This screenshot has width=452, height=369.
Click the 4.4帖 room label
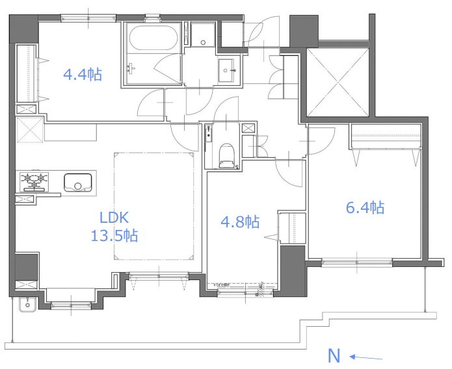point(83,75)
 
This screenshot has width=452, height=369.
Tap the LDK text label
point(114,218)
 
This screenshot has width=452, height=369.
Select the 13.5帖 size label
point(114,236)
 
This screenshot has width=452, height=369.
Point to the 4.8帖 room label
point(240,222)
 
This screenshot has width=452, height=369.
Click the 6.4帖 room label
point(366,207)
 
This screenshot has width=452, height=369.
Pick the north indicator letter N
point(334,356)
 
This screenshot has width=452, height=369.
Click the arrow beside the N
point(366,358)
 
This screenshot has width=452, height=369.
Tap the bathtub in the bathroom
point(153,38)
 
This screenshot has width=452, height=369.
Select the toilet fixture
point(226,155)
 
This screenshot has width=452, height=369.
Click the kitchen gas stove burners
point(34,181)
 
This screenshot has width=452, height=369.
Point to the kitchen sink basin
point(77,183)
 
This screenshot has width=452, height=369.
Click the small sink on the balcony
point(27,305)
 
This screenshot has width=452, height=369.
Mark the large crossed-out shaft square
point(338,83)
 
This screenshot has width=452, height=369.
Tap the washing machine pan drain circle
point(203,43)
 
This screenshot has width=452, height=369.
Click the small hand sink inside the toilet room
point(208,133)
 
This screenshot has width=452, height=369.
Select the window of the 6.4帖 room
point(357,262)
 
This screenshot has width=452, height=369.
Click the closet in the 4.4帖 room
point(27,73)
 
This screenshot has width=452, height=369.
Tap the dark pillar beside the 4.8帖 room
point(292,271)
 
